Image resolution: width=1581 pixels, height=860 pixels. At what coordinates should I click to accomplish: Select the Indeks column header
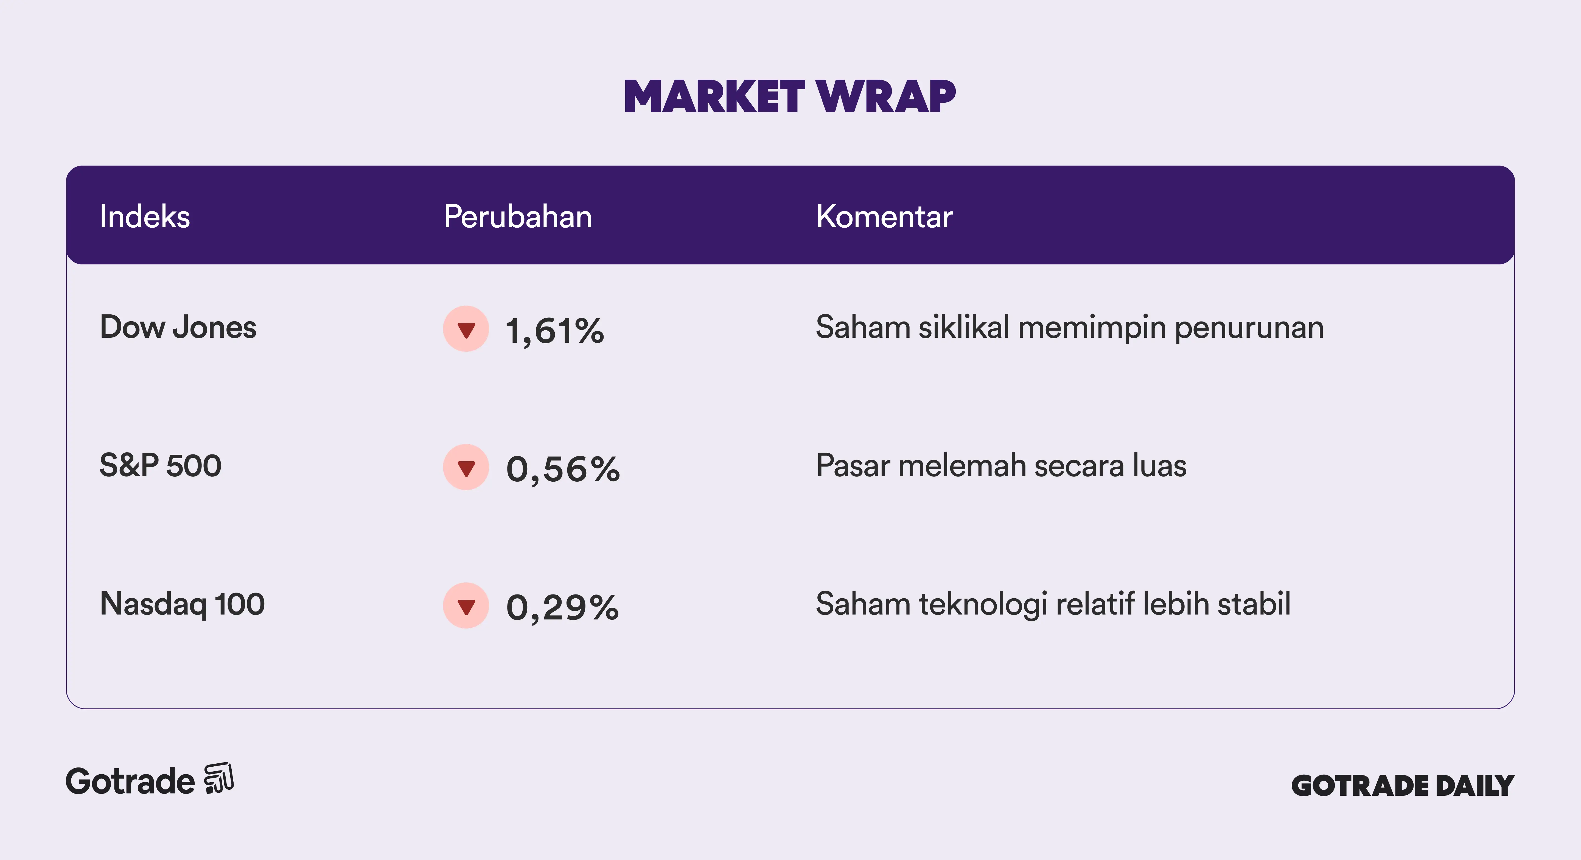pyautogui.click(x=145, y=217)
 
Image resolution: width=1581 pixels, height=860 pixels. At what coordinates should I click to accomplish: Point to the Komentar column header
pyautogui.click(x=884, y=217)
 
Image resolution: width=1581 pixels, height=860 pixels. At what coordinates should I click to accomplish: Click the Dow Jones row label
pyautogui.click(x=178, y=327)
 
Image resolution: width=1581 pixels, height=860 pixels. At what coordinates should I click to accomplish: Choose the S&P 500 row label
pyautogui.click(x=160, y=465)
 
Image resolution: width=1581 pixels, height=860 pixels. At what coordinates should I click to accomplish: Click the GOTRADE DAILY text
pyautogui.click(x=1403, y=786)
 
